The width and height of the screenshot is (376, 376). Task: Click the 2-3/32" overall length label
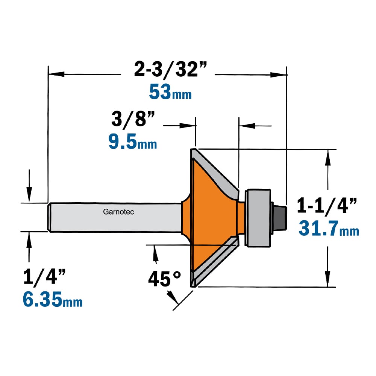[170, 69]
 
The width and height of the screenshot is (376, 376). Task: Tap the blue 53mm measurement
[170, 92]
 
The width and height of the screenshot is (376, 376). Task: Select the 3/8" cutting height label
[133, 119]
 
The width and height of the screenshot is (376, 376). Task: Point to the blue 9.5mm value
[133, 142]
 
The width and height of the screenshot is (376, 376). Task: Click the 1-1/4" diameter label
[327, 206]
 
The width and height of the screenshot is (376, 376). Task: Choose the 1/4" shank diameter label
[44, 277]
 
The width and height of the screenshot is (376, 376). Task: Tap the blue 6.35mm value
[53, 299]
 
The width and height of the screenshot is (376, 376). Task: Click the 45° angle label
[165, 279]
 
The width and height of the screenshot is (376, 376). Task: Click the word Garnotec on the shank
[118, 212]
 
